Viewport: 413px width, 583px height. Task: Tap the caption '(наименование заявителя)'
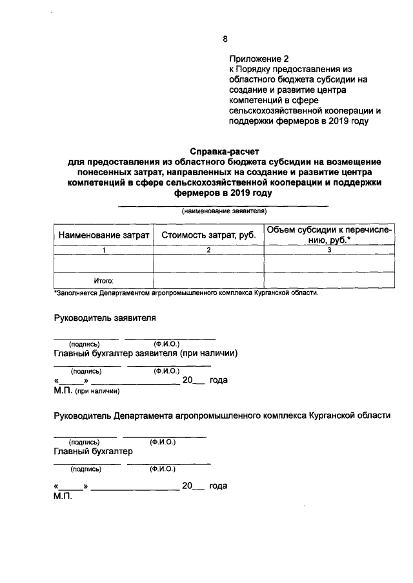click(x=224, y=211)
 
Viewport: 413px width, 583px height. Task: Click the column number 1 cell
click(x=103, y=250)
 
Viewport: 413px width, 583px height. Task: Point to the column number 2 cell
click(x=208, y=250)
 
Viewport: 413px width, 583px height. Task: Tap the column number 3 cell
click(x=329, y=250)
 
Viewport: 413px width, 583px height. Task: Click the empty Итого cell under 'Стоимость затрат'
click(x=208, y=280)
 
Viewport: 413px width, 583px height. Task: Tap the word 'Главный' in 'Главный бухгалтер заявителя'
click(x=72, y=354)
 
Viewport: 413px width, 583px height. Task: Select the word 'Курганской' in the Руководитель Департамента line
click(x=333, y=416)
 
